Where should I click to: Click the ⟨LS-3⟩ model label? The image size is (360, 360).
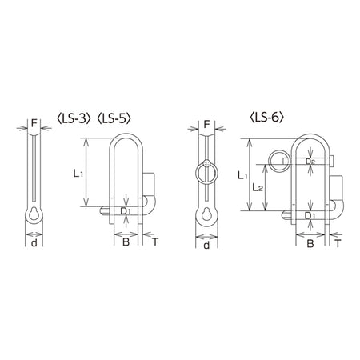click(x=74, y=118)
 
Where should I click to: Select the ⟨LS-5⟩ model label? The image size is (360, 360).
click(x=114, y=118)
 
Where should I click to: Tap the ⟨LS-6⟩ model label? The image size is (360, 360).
click(x=266, y=118)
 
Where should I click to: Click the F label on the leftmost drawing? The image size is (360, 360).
click(x=34, y=123)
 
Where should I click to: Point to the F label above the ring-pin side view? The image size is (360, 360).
click(x=206, y=124)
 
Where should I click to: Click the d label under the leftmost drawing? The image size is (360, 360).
click(x=34, y=243)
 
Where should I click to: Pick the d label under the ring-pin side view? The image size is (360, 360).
click(x=206, y=245)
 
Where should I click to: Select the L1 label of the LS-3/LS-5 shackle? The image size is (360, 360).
click(x=78, y=174)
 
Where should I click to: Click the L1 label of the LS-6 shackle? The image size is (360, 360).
click(x=242, y=175)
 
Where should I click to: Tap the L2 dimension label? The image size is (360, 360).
click(x=258, y=188)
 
